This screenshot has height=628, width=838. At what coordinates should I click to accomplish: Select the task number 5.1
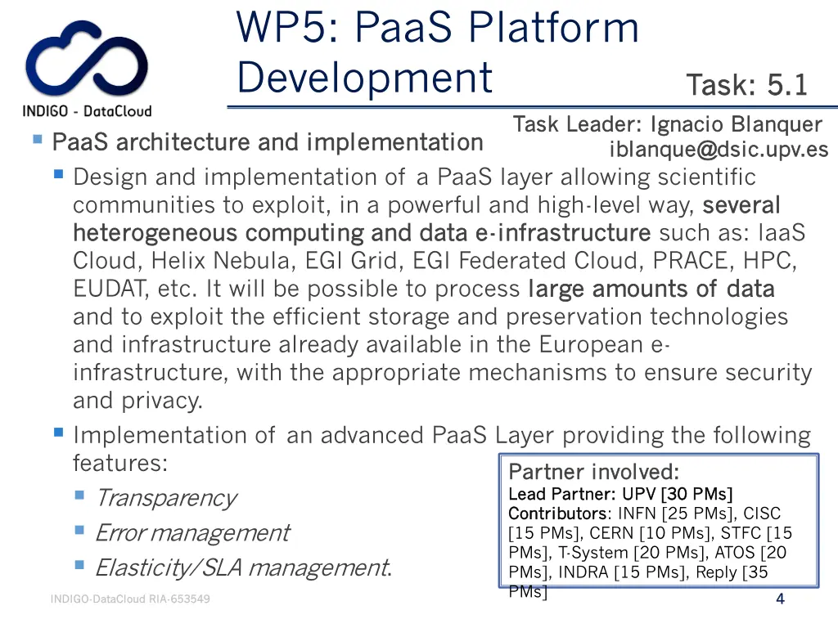787,84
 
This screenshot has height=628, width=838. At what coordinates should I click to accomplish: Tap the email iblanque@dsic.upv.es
719,150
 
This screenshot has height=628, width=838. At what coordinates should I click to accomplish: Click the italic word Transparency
165,497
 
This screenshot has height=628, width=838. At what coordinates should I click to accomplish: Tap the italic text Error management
191,532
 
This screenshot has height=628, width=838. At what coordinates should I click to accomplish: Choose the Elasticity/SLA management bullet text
242,567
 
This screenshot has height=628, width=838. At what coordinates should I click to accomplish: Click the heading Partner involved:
593,472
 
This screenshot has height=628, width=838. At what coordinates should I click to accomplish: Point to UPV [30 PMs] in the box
678,494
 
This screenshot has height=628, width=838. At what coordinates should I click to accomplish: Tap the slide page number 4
780,599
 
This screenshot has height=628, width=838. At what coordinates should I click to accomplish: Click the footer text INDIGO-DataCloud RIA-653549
130,599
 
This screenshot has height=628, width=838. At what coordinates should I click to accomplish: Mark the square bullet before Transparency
79,495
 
